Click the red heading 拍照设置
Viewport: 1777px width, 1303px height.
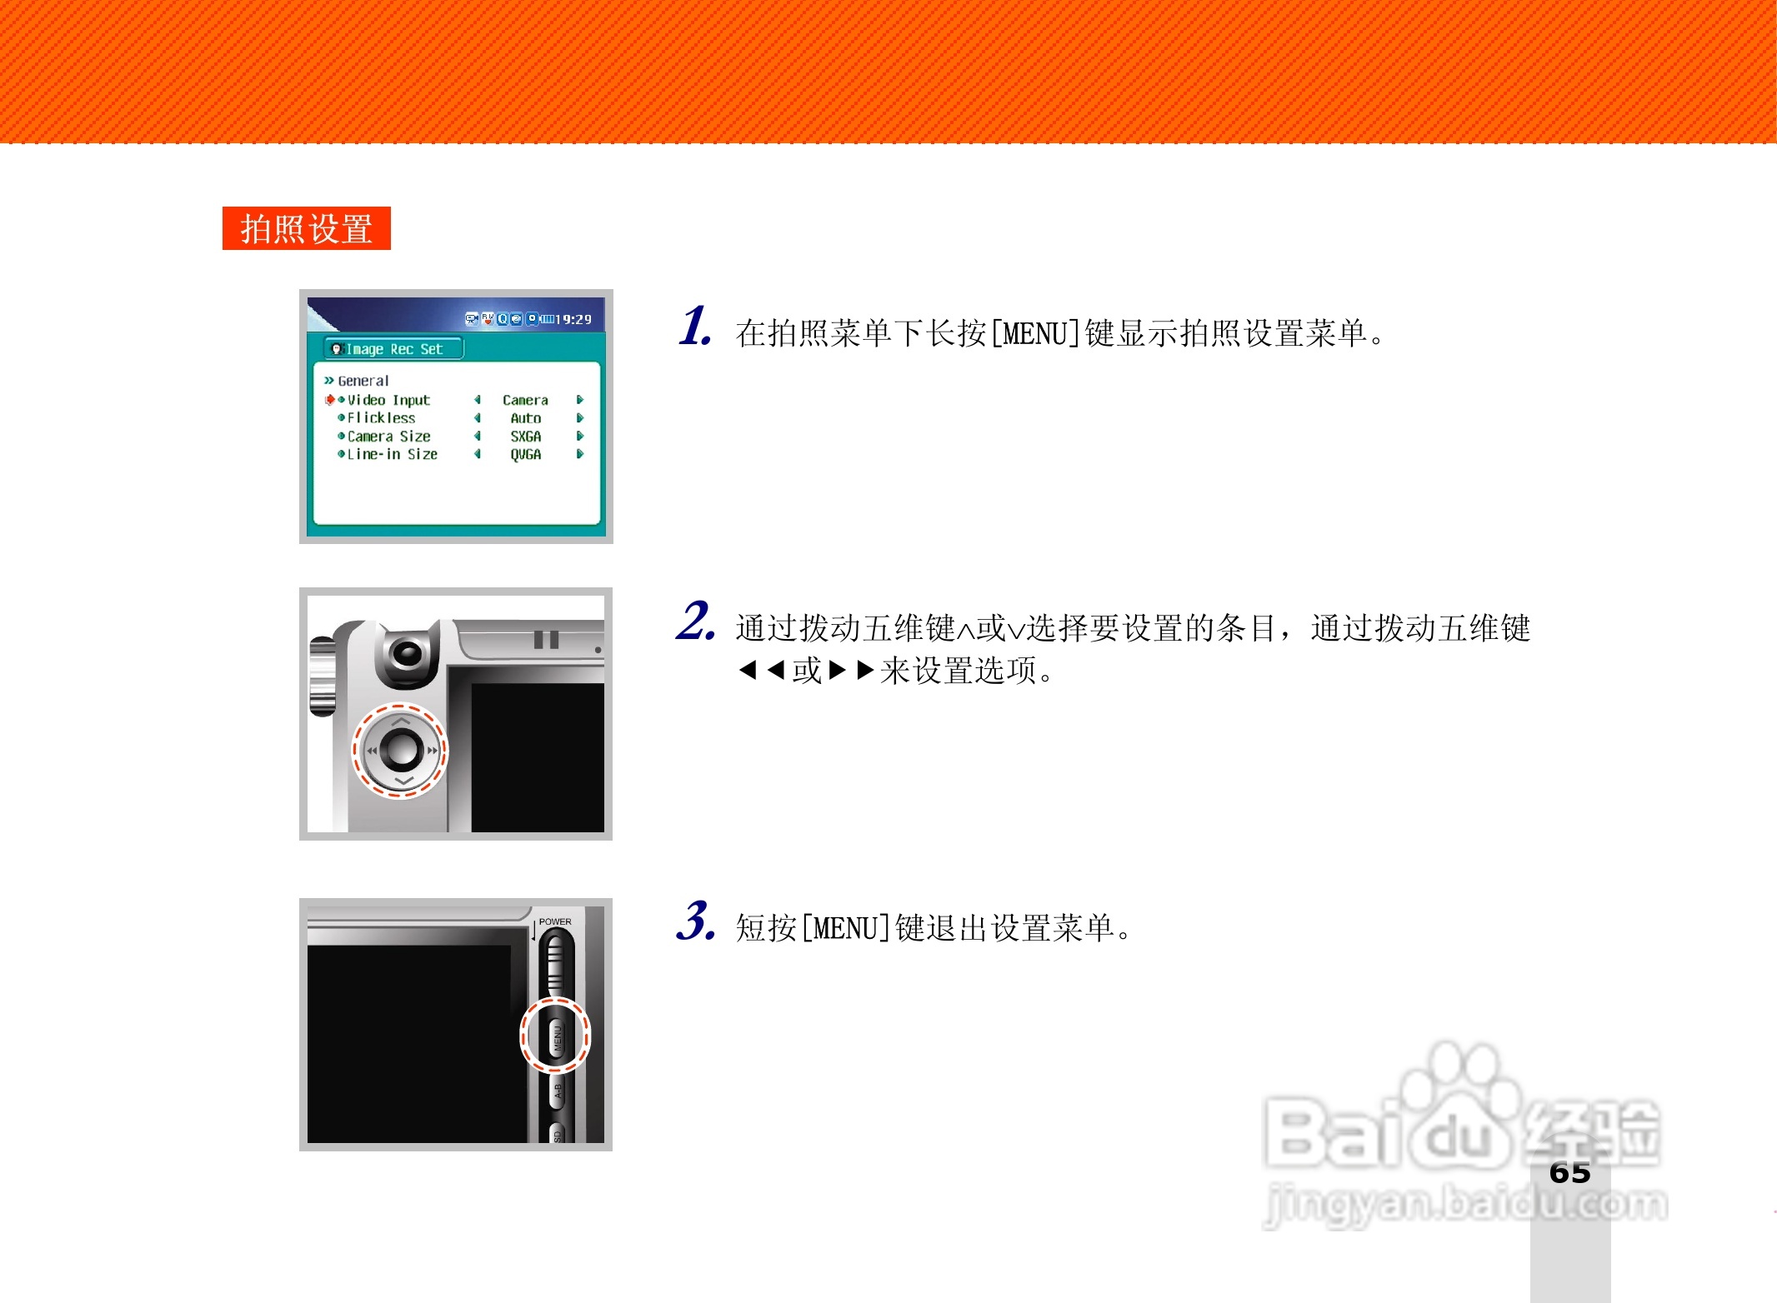tap(306, 228)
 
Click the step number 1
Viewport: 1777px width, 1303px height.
tap(694, 326)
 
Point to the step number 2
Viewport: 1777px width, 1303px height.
tap(695, 622)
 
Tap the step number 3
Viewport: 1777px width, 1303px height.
tap(695, 921)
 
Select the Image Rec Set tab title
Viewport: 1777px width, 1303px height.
tap(393, 349)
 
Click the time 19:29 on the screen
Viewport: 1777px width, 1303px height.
tap(573, 319)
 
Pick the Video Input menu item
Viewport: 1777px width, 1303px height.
tap(388, 400)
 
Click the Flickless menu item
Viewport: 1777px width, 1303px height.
tap(381, 418)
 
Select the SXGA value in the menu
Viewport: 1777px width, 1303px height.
tap(525, 437)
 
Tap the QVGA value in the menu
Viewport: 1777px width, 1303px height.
tap(525, 454)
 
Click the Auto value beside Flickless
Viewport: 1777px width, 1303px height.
tap(525, 418)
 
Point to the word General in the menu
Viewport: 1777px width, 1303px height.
tap(363, 381)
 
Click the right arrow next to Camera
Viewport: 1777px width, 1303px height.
tap(580, 400)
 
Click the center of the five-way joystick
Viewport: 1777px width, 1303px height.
tap(402, 749)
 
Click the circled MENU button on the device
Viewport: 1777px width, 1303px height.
tap(557, 1036)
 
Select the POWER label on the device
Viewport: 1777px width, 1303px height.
tap(555, 921)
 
